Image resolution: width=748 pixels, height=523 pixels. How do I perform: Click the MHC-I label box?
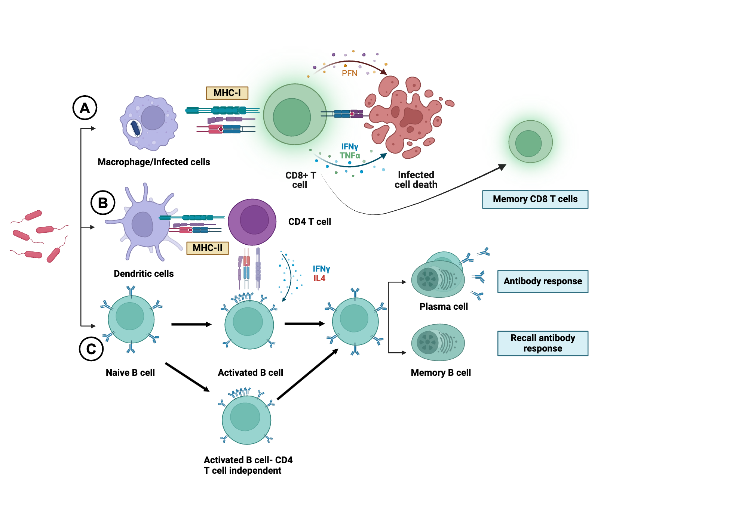click(x=227, y=93)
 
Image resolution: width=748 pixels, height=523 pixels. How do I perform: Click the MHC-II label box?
click(x=207, y=248)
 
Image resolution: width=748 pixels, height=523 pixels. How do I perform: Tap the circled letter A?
click(x=85, y=108)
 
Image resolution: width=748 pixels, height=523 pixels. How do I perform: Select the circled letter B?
click(x=103, y=203)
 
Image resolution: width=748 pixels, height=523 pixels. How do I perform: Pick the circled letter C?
click(x=91, y=349)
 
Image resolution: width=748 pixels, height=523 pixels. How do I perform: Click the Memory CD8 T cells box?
click(x=535, y=199)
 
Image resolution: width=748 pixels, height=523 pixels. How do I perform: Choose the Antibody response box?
click(x=542, y=281)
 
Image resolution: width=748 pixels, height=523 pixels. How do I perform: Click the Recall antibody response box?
click(x=542, y=343)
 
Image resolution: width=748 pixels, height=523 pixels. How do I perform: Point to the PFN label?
click(x=349, y=73)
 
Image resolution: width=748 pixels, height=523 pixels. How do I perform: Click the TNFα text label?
click(x=350, y=155)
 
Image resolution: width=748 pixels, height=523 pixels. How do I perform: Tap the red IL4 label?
click(x=319, y=278)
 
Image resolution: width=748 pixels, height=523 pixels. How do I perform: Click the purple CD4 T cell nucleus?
click(x=254, y=220)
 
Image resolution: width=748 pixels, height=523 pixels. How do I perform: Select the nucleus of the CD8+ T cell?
click(x=292, y=117)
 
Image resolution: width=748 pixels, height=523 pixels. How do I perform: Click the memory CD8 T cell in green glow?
click(x=530, y=142)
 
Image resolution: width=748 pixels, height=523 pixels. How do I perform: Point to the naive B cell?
click(x=131, y=319)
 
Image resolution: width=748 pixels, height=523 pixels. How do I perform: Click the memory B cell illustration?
click(x=438, y=342)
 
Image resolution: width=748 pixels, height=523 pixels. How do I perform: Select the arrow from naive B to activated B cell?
click(x=191, y=324)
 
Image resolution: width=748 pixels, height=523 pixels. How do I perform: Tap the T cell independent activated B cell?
click(x=246, y=419)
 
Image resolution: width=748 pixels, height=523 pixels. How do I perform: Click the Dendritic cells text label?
click(x=144, y=273)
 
